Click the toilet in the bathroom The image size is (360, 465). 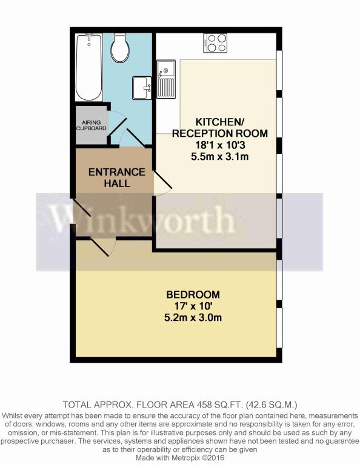119,47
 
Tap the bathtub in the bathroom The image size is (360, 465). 89,67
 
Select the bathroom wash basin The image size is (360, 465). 142,88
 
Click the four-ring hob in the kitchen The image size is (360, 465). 216,44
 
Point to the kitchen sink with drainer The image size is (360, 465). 166,79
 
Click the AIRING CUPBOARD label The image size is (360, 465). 91,125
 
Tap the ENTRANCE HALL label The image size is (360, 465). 117,177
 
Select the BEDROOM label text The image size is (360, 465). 193,294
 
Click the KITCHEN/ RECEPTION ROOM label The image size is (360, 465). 219,128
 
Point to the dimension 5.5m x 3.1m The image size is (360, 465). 219,156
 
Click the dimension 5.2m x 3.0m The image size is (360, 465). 193,318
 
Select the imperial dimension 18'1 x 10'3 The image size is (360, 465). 219,145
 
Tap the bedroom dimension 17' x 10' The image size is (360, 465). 193,306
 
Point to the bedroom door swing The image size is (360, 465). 103,247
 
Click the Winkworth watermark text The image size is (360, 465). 143,220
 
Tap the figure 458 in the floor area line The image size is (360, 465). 203,404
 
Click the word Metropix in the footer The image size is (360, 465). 188,458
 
